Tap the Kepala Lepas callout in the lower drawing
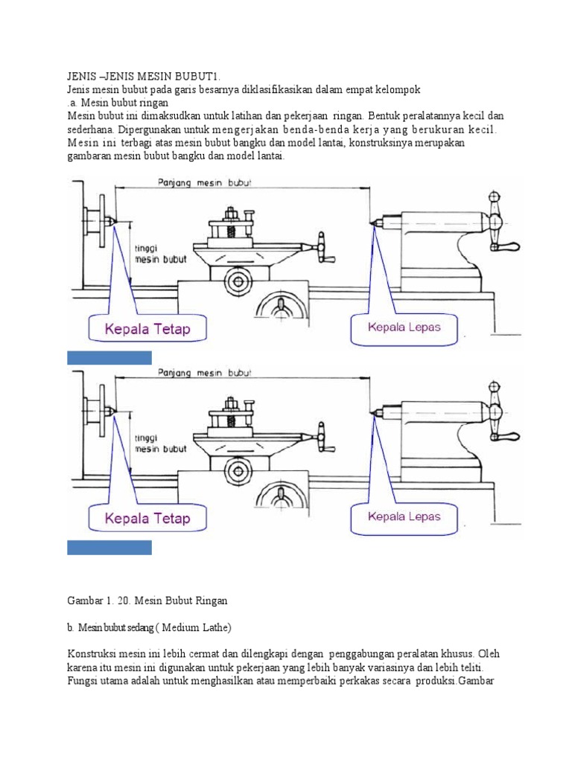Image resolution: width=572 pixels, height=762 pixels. pyautogui.click(x=404, y=516)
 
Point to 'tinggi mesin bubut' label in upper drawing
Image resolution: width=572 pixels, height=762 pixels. pyautogui.click(x=159, y=254)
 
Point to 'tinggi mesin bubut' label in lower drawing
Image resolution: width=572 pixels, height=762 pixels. pyautogui.click(x=159, y=444)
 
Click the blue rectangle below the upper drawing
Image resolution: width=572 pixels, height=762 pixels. pyautogui.click(x=109, y=358)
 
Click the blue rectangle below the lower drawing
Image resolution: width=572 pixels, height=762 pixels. pyautogui.click(x=109, y=548)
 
